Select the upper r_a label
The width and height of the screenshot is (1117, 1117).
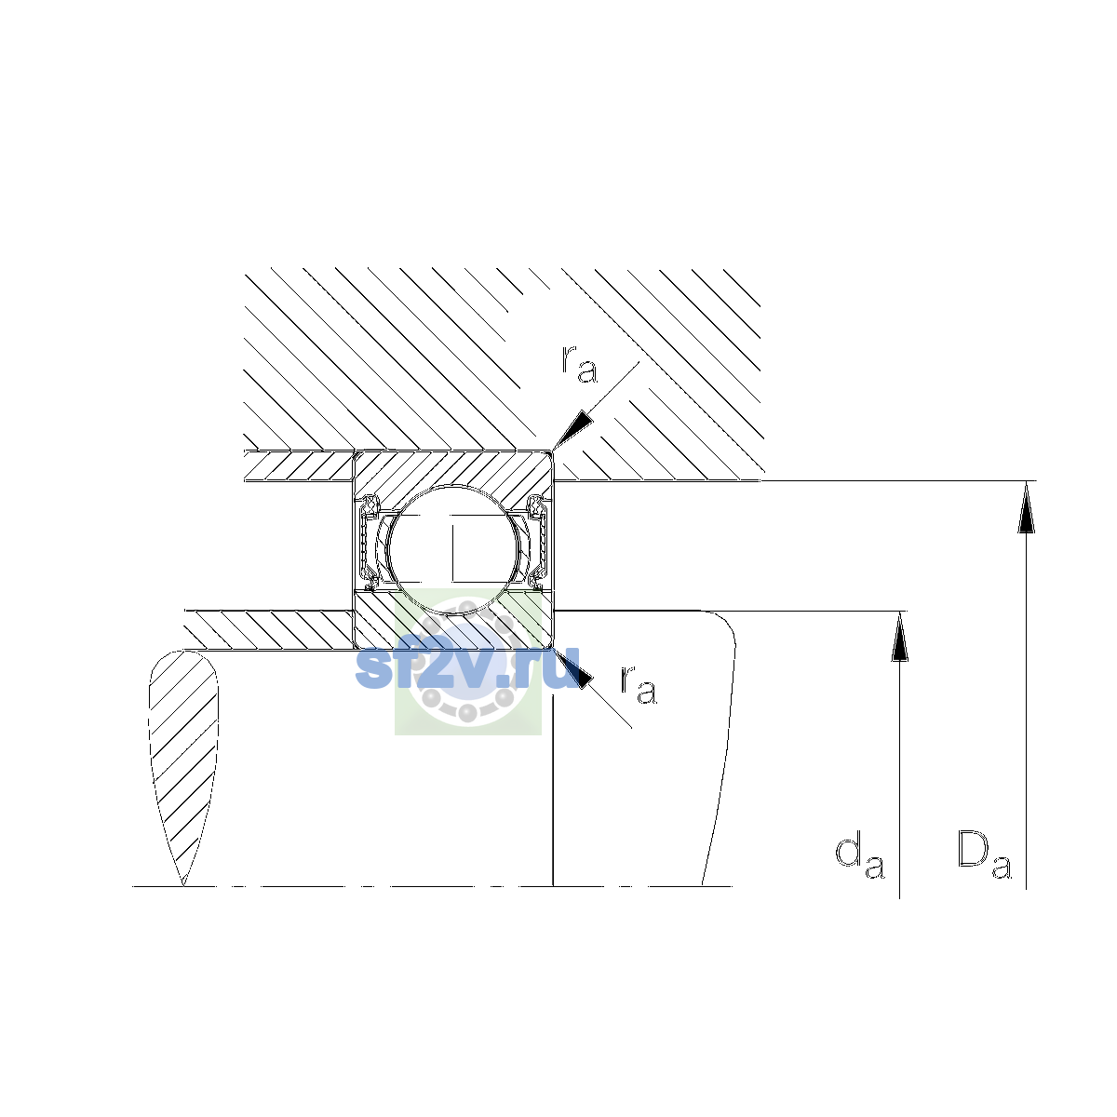pyautogui.click(x=579, y=364)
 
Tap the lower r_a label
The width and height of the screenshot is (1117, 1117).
pyautogui.click(x=639, y=684)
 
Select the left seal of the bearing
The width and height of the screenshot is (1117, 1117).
pyautogui.click(x=368, y=542)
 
